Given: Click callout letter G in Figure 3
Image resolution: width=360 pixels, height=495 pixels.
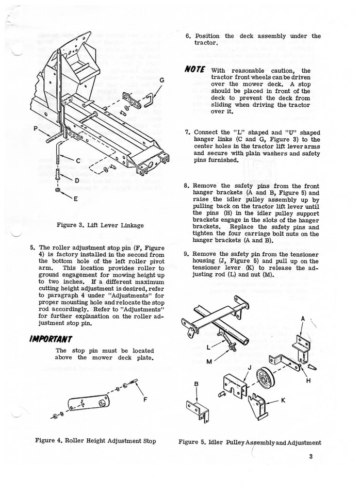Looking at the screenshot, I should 162,80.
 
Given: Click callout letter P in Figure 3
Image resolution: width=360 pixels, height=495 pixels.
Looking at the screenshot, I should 35,129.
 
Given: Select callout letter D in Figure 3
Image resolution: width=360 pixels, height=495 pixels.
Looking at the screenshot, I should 77,180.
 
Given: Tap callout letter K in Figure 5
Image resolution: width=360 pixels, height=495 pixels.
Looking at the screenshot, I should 284,400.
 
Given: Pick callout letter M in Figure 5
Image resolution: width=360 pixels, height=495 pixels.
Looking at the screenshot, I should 209,361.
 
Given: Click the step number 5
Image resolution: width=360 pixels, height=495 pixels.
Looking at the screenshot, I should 33,247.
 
